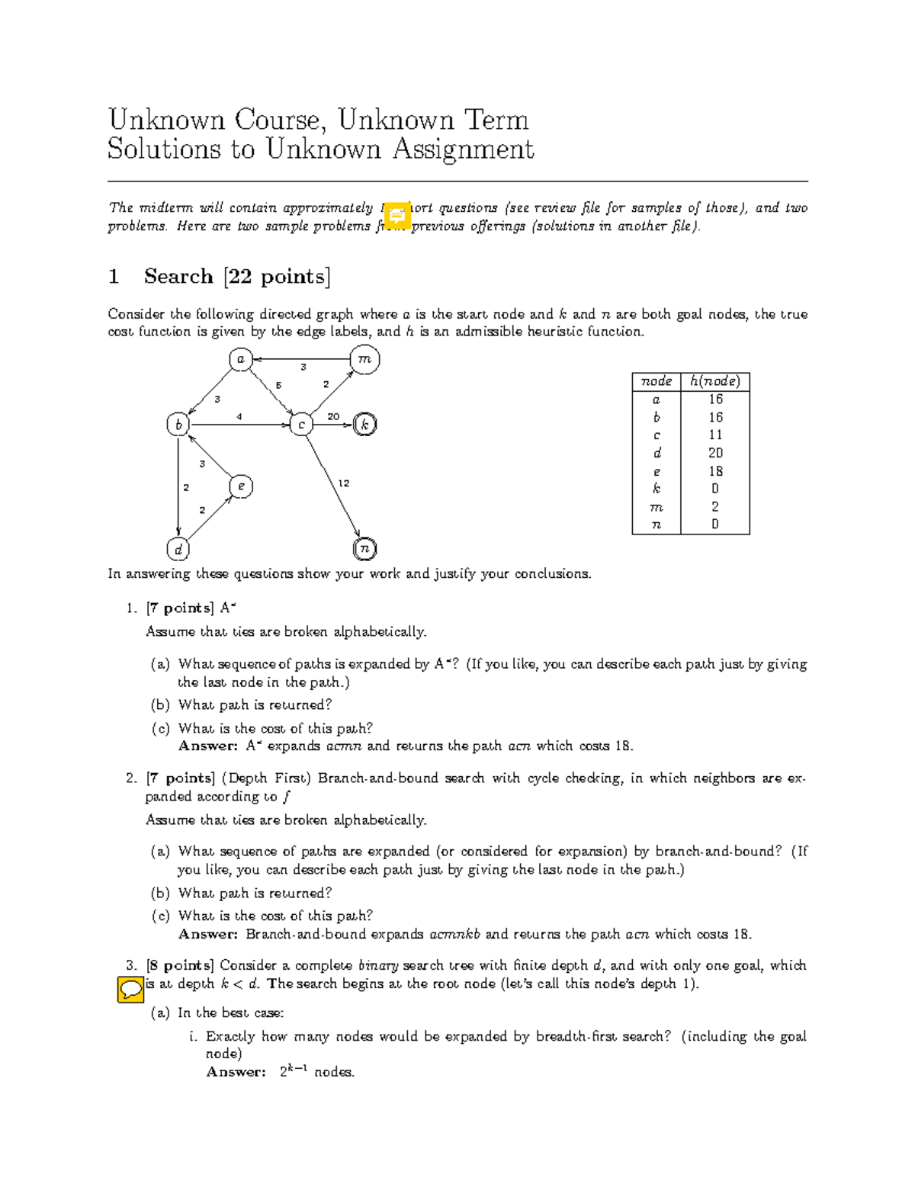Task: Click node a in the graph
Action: (x=241, y=359)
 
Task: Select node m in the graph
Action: (x=364, y=359)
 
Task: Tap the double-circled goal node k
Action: (x=365, y=425)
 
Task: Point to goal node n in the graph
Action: (x=365, y=548)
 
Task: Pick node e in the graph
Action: (x=241, y=486)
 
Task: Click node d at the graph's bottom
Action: (x=178, y=549)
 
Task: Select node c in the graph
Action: (x=302, y=425)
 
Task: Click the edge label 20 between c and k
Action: (x=333, y=416)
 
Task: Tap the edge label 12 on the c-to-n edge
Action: (x=344, y=483)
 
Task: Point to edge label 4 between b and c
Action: (x=239, y=416)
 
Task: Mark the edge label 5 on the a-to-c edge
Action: (x=278, y=386)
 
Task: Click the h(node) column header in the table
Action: (x=714, y=381)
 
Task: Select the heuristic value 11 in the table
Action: (x=714, y=435)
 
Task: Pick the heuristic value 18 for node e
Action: (x=714, y=471)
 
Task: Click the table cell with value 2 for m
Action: (x=714, y=506)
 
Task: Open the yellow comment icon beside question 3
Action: (x=130, y=990)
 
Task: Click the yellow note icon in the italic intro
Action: (x=396, y=216)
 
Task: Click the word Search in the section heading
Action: (x=178, y=276)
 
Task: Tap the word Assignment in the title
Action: (x=463, y=149)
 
